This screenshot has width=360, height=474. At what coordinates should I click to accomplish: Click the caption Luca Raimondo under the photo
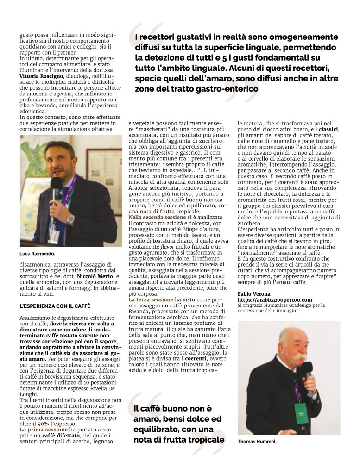pos(38,254)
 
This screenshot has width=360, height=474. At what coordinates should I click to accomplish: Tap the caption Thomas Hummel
pos(257,442)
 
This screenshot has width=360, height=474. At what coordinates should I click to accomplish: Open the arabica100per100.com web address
pos(275,300)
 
